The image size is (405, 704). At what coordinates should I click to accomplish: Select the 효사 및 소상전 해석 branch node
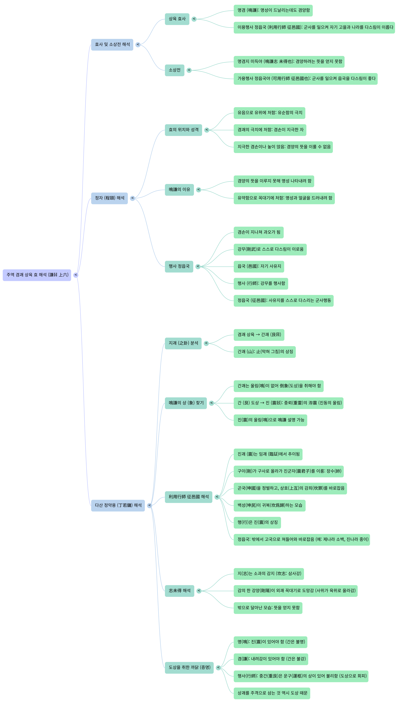point(112,44)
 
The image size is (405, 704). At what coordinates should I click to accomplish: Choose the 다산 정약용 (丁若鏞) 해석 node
point(118,505)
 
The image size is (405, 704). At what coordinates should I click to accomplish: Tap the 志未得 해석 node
point(179,591)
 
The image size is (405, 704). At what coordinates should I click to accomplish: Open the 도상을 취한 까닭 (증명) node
point(189,668)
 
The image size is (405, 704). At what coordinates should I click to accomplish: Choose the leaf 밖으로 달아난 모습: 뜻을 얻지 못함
point(268,608)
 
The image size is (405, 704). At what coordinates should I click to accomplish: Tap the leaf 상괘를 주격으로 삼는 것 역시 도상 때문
point(272,693)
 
